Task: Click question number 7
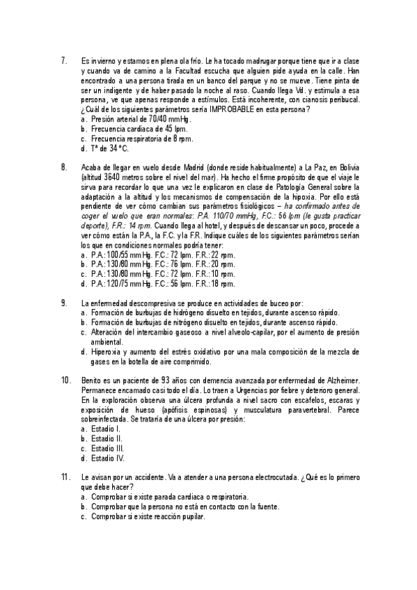click(64, 61)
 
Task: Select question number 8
click(64, 168)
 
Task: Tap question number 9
click(64, 303)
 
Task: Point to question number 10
click(66, 380)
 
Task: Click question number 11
click(66, 477)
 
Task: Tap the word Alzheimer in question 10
click(338, 380)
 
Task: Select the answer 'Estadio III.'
click(107, 448)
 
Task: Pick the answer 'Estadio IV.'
click(107, 458)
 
